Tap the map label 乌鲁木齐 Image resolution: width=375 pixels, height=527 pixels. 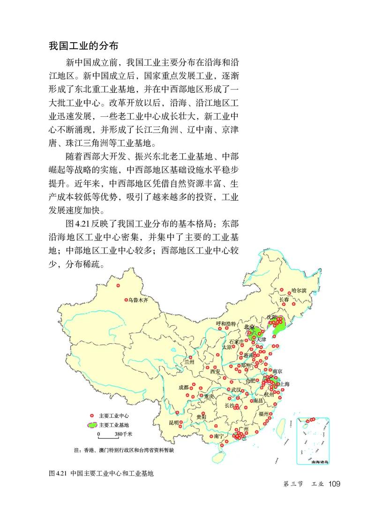coord(138,300)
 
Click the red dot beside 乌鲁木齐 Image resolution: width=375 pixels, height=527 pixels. coord(126,300)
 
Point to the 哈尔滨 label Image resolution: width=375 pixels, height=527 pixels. coord(299,291)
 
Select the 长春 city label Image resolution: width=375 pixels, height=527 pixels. coord(284,300)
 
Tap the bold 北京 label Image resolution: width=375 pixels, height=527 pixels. coord(249,327)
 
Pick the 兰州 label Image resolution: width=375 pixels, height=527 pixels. coord(189,361)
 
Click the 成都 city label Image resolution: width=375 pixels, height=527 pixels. coord(183,387)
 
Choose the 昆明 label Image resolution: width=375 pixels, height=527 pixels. coord(173,423)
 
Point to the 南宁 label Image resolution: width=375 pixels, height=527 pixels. coord(219,436)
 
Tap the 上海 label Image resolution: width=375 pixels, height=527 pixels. coord(285,384)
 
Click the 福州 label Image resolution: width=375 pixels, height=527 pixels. coord(263,414)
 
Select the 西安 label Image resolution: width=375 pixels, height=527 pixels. coord(215,371)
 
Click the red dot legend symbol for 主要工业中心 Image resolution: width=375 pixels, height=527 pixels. coord(92,416)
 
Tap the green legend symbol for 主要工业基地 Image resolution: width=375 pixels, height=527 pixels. coord(92,425)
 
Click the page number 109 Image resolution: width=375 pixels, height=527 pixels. coord(334,483)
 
